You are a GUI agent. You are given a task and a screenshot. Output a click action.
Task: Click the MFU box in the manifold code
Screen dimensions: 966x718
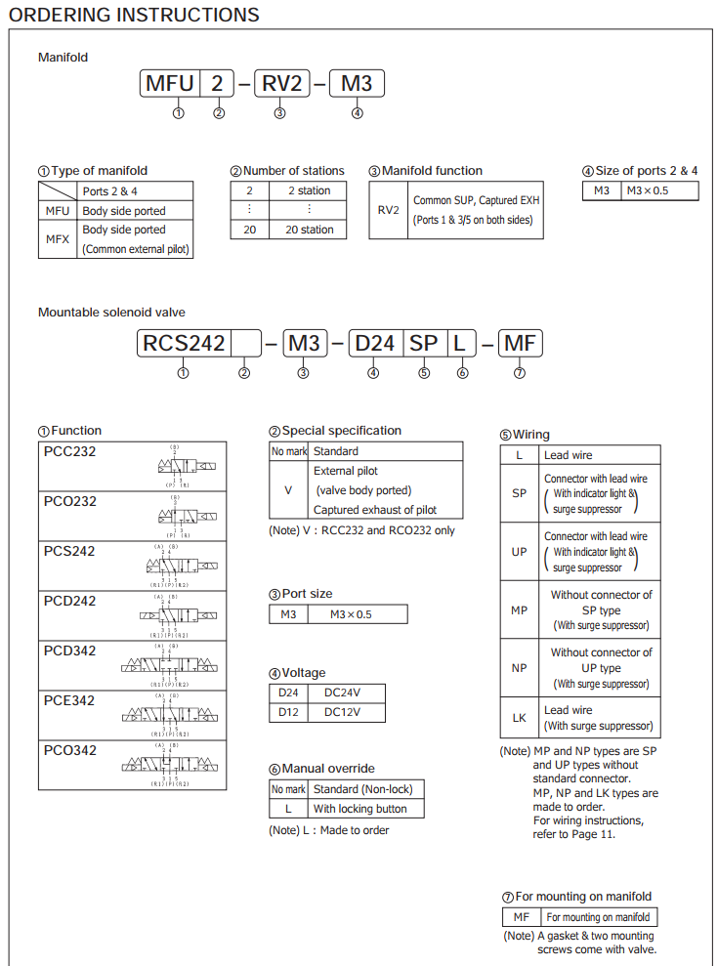(x=170, y=84)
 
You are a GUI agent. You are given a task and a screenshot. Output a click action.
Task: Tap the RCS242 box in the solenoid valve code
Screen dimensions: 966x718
(x=184, y=343)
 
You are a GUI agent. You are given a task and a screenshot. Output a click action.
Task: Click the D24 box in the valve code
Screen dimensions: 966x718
(x=374, y=343)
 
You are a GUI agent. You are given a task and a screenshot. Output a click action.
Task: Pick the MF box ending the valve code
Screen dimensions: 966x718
(x=520, y=343)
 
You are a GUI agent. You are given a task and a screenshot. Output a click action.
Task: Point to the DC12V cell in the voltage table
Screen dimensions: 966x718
(x=342, y=712)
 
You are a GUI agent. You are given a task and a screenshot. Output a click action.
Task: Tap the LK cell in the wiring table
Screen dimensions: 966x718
(x=520, y=718)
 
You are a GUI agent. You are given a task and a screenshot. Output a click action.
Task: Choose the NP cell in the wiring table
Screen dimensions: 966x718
(x=520, y=668)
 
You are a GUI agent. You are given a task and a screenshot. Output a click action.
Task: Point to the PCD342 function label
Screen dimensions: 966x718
(x=70, y=651)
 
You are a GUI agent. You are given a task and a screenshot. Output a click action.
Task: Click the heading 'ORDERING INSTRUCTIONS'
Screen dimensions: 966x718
(x=134, y=15)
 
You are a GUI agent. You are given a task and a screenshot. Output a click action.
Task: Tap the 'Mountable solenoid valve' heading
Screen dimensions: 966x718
(x=111, y=313)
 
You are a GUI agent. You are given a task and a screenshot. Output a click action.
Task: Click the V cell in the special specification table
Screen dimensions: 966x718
(x=288, y=490)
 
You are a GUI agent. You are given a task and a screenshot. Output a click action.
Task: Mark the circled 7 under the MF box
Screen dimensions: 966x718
(x=520, y=372)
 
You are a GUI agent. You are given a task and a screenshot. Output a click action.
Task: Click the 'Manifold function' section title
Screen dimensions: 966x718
(x=432, y=171)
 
